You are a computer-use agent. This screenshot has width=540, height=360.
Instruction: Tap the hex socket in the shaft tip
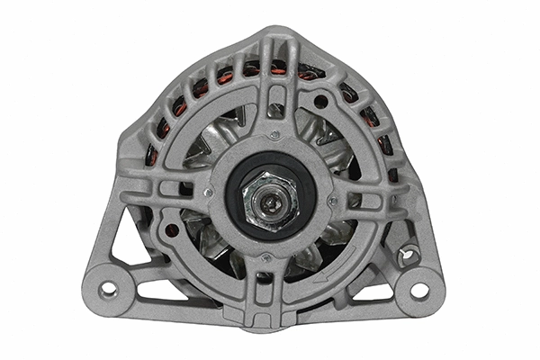point(269,197)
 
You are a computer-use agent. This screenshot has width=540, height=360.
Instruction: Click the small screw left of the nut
point(209,192)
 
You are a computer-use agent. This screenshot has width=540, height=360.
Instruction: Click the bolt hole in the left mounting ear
point(109,290)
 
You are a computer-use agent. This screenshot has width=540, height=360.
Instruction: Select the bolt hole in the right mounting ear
point(419,290)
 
